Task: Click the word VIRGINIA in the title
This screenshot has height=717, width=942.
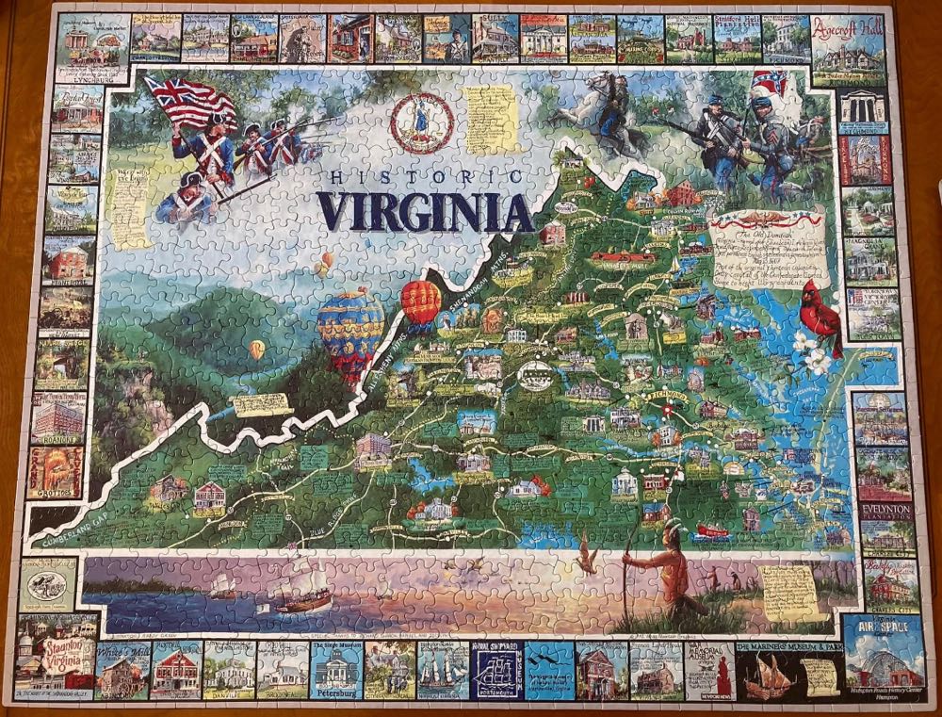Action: point(425,211)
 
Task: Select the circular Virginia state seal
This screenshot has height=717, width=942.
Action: point(421,123)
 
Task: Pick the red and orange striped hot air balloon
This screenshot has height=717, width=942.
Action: point(421,301)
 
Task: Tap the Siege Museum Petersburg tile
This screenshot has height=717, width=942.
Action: point(335,668)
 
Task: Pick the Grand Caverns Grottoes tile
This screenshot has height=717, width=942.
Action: point(56,471)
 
